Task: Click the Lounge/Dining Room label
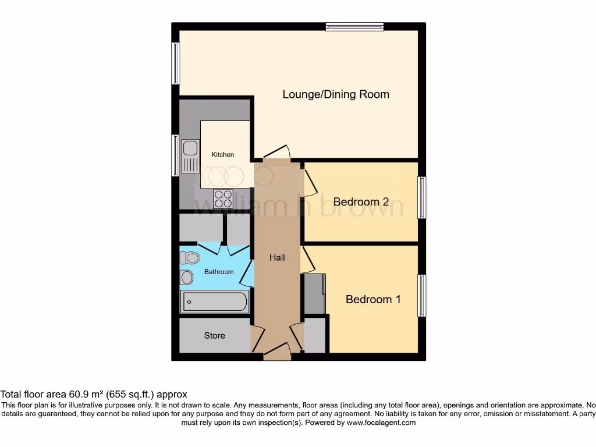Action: (336, 94)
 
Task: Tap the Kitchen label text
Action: (222, 154)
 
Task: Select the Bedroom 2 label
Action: (361, 202)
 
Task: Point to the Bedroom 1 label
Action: (373, 299)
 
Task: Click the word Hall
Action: (277, 257)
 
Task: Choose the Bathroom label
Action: (219, 272)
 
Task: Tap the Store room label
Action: (214, 336)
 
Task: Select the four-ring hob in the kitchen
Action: (223, 198)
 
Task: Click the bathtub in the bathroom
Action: (215, 302)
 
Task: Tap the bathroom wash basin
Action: (187, 277)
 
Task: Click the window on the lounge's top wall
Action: (354, 26)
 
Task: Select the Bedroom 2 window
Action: (422, 198)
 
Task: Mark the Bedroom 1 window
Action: (422, 296)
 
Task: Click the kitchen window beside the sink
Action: (175, 157)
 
